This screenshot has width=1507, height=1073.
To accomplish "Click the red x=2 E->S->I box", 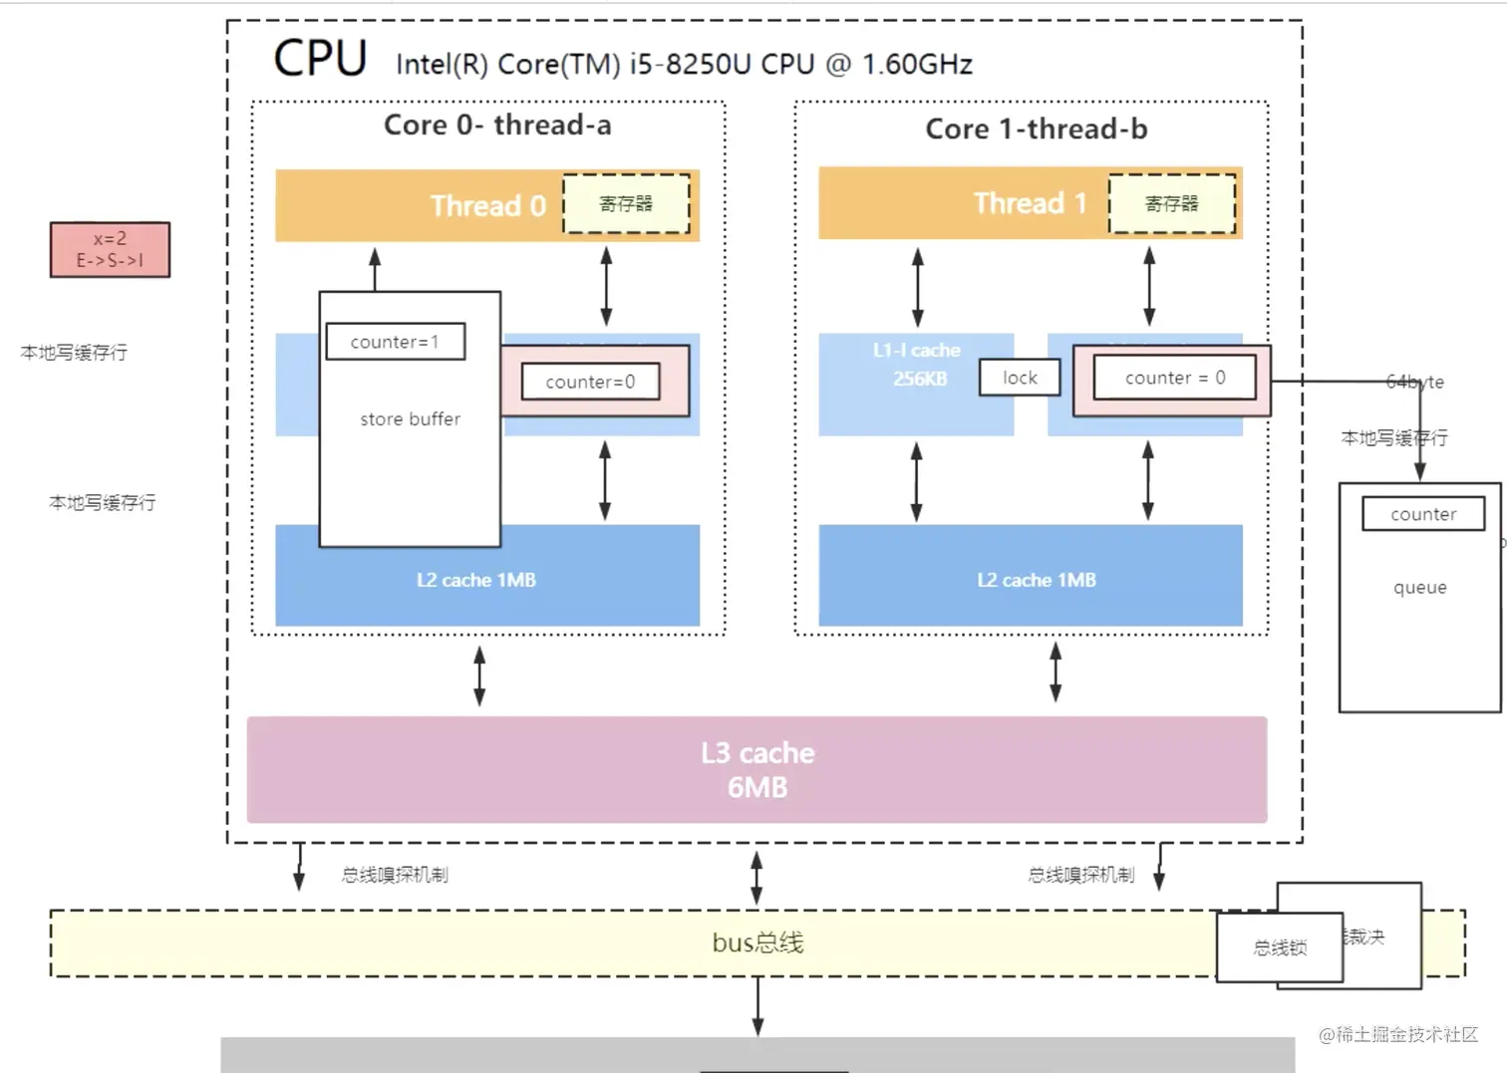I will [110, 249].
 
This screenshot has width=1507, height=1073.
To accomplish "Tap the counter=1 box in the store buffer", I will [395, 342].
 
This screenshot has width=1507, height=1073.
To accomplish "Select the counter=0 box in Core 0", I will [590, 382].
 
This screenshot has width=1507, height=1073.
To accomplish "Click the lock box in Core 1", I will [1020, 378].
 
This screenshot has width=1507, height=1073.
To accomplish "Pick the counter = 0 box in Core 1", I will [1174, 378].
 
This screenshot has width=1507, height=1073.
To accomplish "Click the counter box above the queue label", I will [1422, 514].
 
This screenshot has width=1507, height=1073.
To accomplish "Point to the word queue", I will [1419, 588].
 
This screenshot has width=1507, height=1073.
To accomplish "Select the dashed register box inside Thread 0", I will [626, 204].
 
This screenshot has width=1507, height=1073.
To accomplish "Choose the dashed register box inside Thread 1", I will [1171, 204].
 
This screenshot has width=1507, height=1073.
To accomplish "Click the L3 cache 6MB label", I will [757, 770].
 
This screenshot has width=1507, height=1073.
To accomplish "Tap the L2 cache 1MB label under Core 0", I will [476, 580].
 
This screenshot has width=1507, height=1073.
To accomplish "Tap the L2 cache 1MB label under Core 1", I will [1036, 580].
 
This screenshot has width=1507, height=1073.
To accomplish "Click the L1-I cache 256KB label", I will [917, 365].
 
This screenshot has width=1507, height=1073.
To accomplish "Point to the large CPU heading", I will [320, 59].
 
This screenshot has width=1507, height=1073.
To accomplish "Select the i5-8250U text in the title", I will [689, 65].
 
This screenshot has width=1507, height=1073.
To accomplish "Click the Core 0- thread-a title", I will [497, 126].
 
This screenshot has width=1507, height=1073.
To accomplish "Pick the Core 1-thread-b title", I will [1036, 130].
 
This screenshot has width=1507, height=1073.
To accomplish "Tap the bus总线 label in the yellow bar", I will [757, 942].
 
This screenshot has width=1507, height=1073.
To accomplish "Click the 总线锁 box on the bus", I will [1279, 947].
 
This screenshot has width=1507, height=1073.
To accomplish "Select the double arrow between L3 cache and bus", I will [756, 877].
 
